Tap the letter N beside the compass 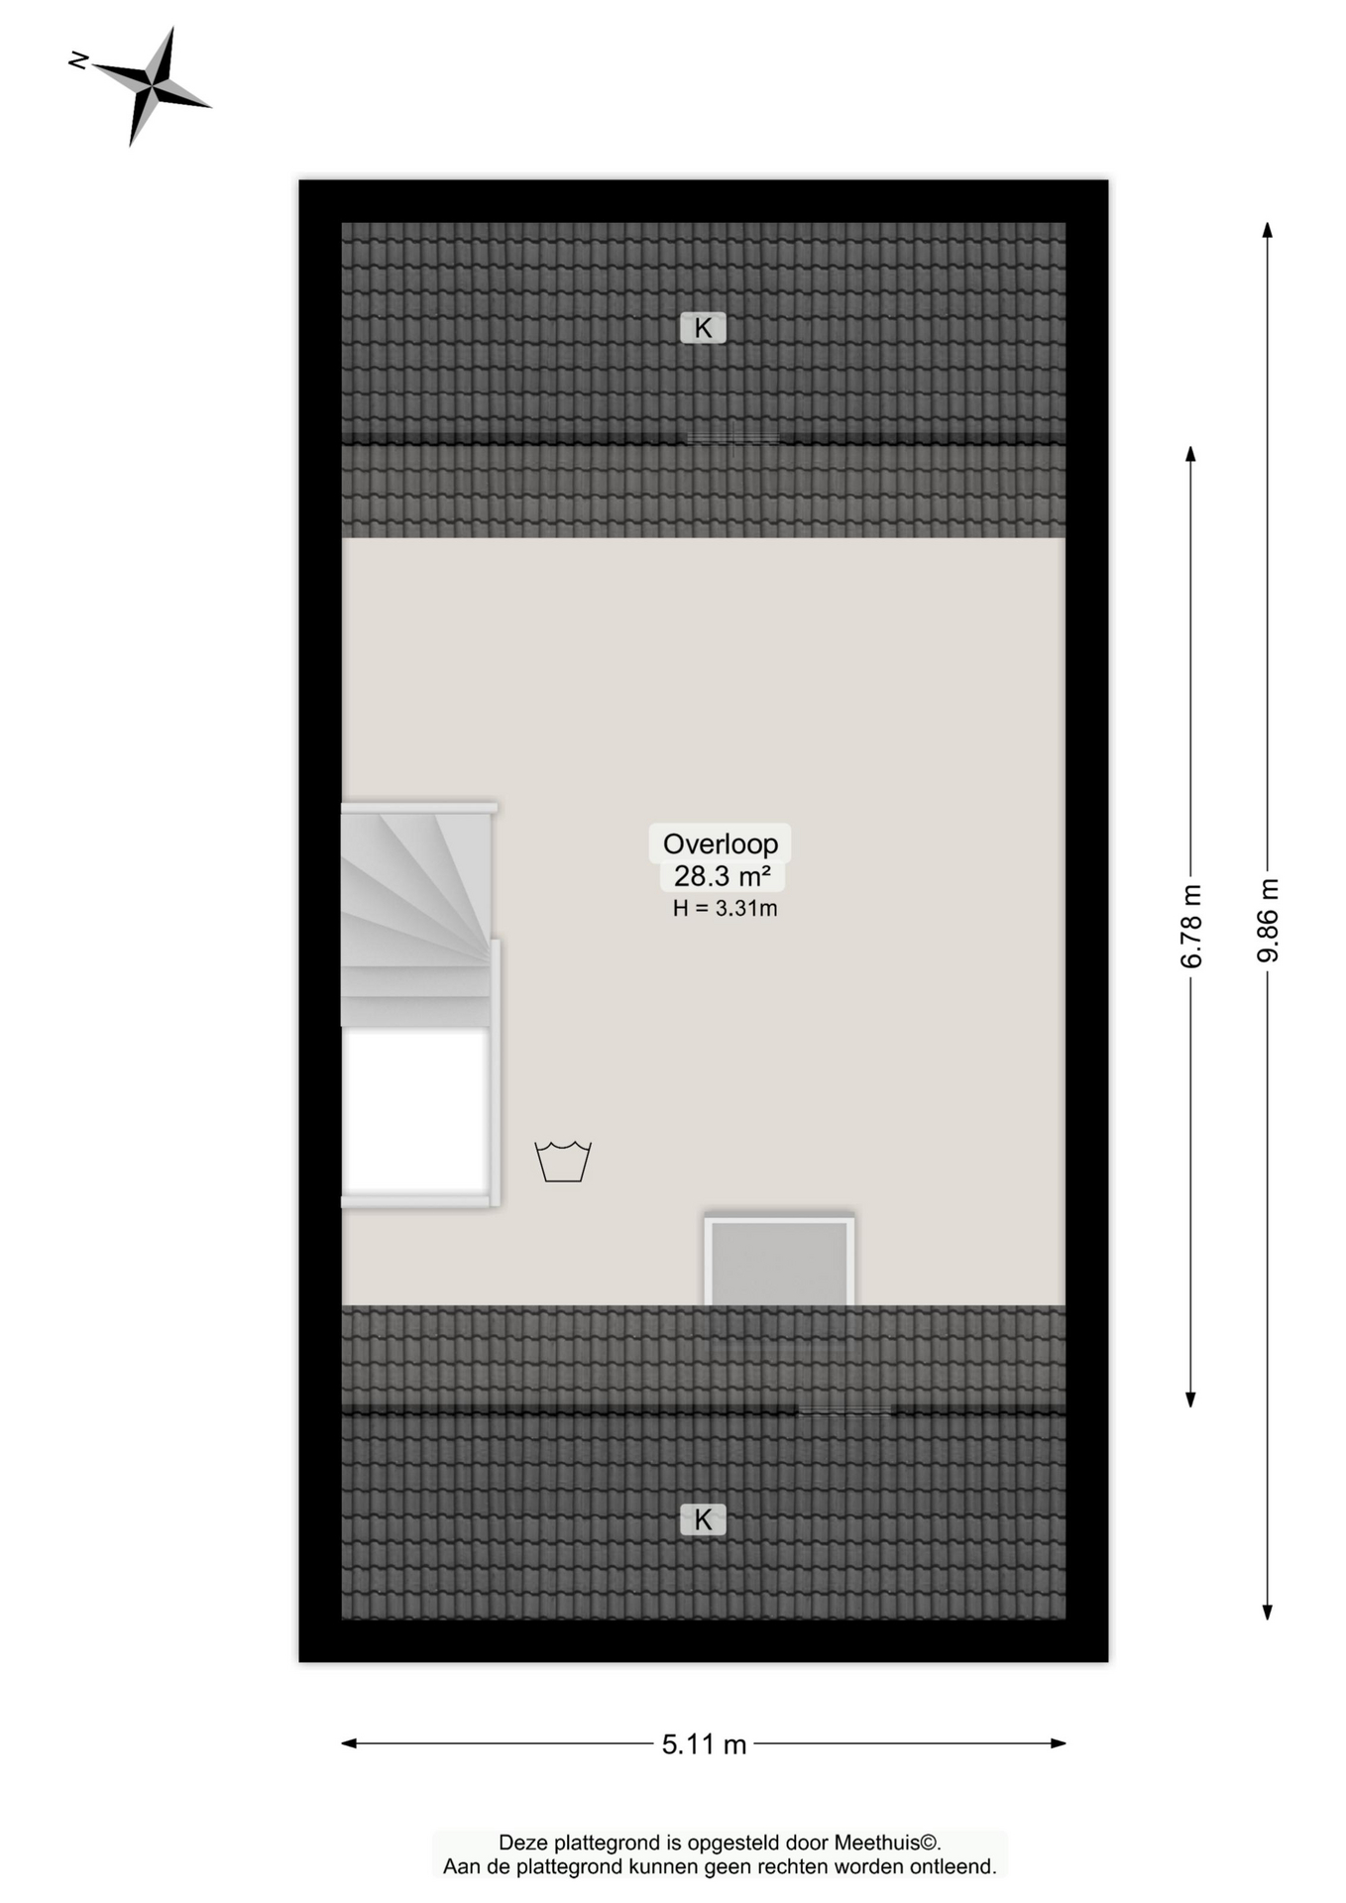(78, 61)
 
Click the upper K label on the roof (703, 328)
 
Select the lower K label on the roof (703, 1519)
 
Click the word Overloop (721, 843)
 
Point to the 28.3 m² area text (722, 876)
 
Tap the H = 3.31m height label (725, 908)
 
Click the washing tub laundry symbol (563, 1161)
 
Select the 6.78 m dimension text (1191, 926)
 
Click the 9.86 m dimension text (1268, 920)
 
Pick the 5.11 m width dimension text (704, 1744)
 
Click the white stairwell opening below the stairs (415, 1111)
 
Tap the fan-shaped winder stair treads (416, 892)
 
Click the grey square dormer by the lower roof (780, 1262)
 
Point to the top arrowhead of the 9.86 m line (1268, 230)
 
